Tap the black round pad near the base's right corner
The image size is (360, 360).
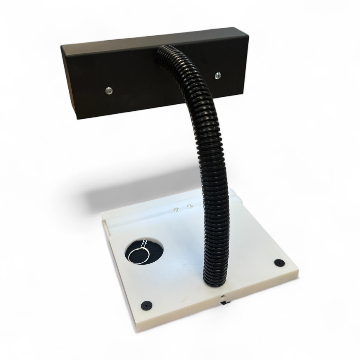coord(279,262)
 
